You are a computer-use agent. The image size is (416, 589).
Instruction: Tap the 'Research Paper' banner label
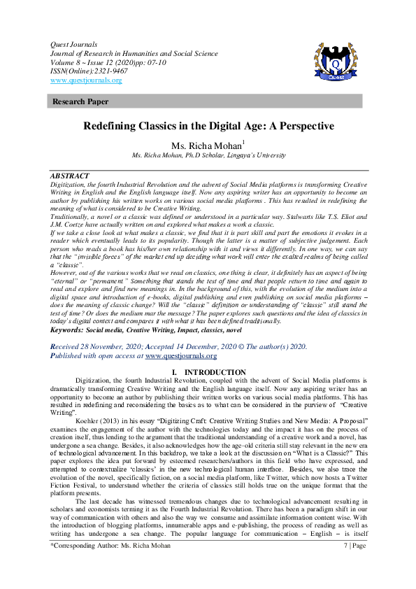pyautogui.click(x=80, y=102)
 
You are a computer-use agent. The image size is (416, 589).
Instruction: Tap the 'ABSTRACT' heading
pyautogui.click(x=70, y=175)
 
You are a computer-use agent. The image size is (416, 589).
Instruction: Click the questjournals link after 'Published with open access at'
pyautogui.click(x=180, y=355)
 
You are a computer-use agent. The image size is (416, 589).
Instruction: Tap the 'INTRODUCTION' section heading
pyautogui.click(x=215, y=371)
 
